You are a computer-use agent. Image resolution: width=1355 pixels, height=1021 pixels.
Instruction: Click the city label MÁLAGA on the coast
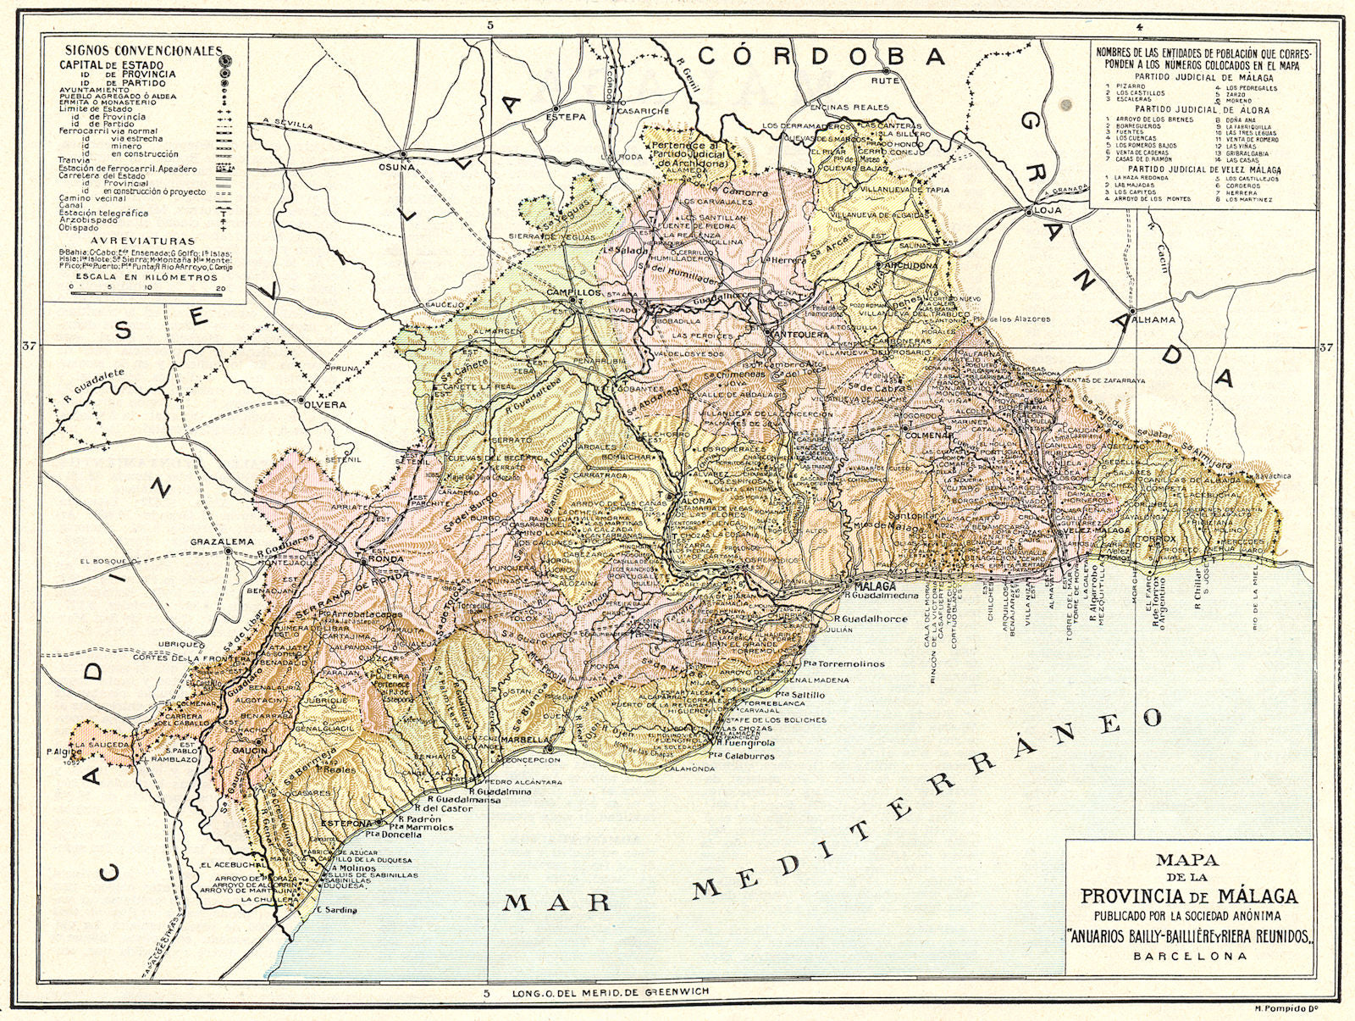click(873, 586)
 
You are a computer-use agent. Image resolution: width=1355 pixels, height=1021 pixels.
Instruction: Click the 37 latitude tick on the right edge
click(1325, 346)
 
